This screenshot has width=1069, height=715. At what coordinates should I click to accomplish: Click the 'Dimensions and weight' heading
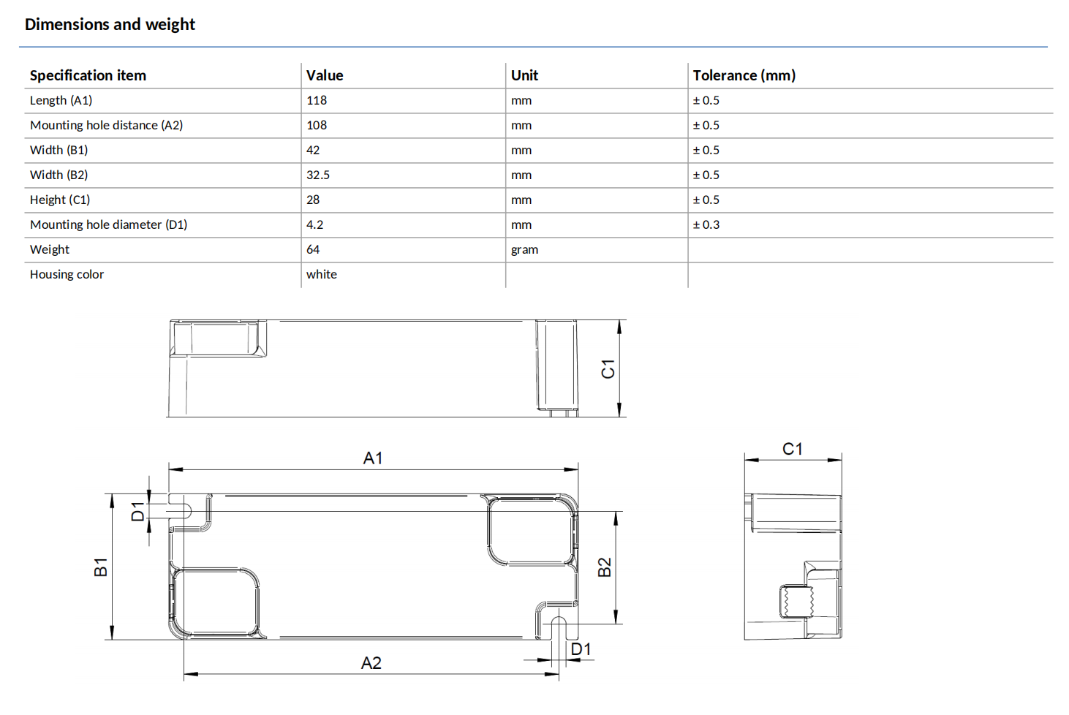click(x=110, y=24)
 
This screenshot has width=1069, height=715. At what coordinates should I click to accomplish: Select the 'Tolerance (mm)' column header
click(x=744, y=75)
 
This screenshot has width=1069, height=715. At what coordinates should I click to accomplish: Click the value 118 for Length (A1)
click(x=316, y=100)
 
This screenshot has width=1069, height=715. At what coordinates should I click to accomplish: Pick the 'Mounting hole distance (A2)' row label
click(x=106, y=125)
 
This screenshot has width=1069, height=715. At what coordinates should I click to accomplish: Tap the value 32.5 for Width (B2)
click(x=317, y=175)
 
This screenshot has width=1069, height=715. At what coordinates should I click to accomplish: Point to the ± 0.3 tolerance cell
click(x=706, y=224)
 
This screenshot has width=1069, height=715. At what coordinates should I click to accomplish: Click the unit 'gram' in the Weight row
click(x=524, y=249)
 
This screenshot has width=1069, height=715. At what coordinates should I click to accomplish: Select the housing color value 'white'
click(x=321, y=274)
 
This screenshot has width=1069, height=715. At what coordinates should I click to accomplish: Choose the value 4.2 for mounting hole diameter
click(x=314, y=224)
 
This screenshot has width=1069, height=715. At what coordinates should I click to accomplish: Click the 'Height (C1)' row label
click(x=59, y=200)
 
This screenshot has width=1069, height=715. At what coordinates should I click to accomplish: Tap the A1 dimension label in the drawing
click(x=373, y=458)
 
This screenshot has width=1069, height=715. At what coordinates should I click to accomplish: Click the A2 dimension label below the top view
click(x=371, y=663)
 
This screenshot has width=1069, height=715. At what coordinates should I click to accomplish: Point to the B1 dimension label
click(x=101, y=567)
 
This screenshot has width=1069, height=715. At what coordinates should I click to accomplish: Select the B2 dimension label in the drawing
click(x=605, y=567)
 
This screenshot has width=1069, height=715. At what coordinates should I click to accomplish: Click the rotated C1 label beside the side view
click(x=608, y=368)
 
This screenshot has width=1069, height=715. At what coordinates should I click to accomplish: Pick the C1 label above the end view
click(x=792, y=449)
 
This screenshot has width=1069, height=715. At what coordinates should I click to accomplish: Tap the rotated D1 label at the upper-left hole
click(x=137, y=512)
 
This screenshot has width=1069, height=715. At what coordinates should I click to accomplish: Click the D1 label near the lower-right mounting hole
click(x=581, y=649)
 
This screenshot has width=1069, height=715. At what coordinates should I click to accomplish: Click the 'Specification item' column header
click(x=88, y=75)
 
